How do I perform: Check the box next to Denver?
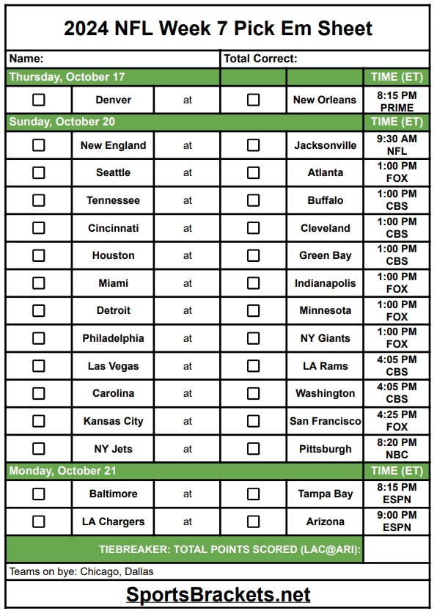[x=38, y=100]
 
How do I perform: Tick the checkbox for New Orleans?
[x=253, y=100]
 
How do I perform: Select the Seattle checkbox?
[x=38, y=173]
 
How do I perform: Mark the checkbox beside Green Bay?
[x=253, y=256]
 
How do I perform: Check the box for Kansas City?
[x=38, y=421]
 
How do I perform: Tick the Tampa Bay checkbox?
[x=253, y=494]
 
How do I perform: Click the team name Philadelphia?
[x=113, y=338]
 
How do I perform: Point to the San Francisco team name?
[x=325, y=421]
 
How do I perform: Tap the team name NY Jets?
[x=113, y=449]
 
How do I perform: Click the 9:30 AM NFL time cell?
[x=397, y=145]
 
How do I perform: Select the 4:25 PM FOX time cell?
[x=397, y=421]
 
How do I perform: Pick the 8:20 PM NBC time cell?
[x=397, y=449]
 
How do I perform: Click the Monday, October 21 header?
[x=63, y=471]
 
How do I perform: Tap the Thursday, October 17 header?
[x=67, y=77]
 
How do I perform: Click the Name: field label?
[x=26, y=59]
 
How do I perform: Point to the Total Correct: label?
[x=260, y=59]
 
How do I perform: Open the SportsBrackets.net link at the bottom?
[x=218, y=594]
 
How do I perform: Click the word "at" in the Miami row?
[x=188, y=283]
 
